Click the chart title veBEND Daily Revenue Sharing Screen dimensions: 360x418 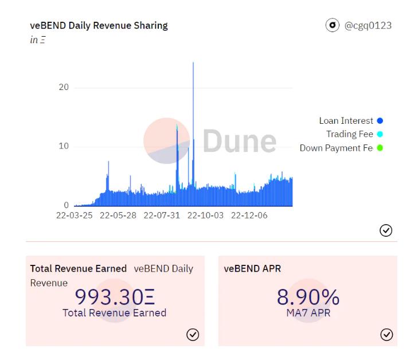pos(99,26)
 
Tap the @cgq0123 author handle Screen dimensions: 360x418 pos(368,25)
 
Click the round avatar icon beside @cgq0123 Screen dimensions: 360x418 pos(331,25)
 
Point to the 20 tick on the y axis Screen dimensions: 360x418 pos(64,87)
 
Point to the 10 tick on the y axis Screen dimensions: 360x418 pos(64,146)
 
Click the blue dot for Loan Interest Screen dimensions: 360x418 pos(380,121)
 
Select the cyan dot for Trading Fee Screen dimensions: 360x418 pos(380,135)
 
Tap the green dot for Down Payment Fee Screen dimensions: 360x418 pos(380,148)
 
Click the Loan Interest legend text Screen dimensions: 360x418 pos(346,121)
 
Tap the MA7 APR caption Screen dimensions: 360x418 pos(308,313)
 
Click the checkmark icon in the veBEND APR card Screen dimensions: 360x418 pos(386,334)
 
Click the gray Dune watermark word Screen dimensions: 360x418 pos(240,141)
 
